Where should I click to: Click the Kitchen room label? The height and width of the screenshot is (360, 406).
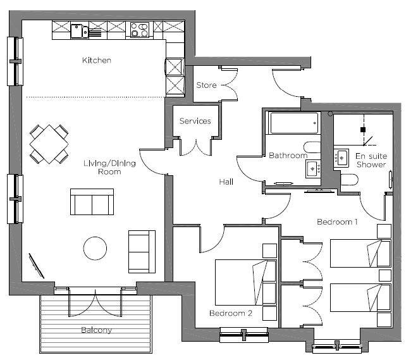[x=97, y=60]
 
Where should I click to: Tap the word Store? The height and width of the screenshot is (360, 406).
[x=206, y=85]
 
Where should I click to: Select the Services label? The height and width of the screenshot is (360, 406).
[x=195, y=121]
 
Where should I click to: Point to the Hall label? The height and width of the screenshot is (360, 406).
[x=226, y=182]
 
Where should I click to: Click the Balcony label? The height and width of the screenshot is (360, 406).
[x=96, y=330]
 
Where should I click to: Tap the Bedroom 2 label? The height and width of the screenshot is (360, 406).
[x=231, y=313]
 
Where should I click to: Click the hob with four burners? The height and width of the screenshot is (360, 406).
[x=140, y=30]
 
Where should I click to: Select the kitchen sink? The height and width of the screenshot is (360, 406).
[x=79, y=31]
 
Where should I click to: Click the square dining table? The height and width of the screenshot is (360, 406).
[x=49, y=144]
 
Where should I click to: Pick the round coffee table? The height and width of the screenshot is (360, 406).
[x=95, y=249]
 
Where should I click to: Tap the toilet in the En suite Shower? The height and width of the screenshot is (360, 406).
[x=349, y=180]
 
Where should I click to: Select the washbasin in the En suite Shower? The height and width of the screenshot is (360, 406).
[x=341, y=158]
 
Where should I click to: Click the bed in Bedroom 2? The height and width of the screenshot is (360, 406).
[x=246, y=283]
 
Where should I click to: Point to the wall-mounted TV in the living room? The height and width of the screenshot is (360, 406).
[x=36, y=266]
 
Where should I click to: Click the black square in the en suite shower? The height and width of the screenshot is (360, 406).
[x=363, y=130]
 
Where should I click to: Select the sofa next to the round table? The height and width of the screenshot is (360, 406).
[x=142, y=252]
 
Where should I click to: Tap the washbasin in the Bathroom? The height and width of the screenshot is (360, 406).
[x=313, y=169]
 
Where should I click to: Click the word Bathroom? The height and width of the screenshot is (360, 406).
[x=288, y=156]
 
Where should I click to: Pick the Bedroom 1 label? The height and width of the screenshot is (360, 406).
[x=337, y=222]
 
